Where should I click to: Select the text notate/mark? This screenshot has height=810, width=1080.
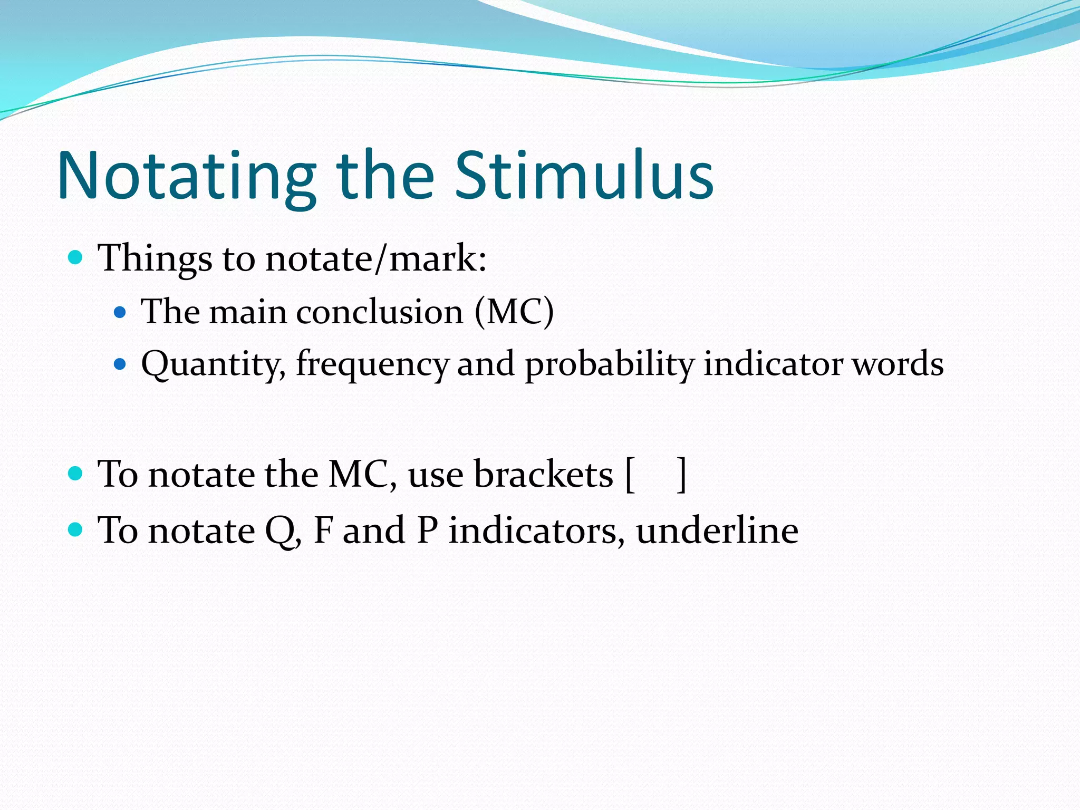point(375,258)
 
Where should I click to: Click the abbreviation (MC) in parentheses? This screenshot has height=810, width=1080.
point(514,312)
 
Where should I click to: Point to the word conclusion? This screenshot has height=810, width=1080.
point(380,312)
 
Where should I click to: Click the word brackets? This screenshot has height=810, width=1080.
point(544,474)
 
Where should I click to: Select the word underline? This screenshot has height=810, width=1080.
point(717,531)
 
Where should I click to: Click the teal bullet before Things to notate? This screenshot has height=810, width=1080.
point(76,257)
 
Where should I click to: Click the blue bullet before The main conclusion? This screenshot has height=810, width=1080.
point(120,312)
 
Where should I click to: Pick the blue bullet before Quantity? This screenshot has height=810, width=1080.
point(120,364)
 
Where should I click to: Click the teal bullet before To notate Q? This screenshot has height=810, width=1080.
point(76,529)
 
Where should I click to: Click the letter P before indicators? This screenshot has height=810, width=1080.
point(427,531)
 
